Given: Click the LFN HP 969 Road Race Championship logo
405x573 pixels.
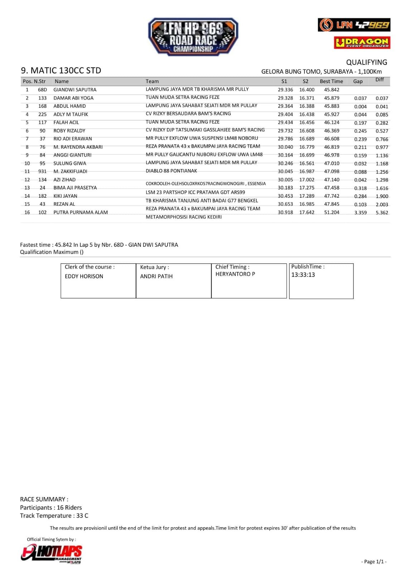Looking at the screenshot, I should click(x=193, y=37).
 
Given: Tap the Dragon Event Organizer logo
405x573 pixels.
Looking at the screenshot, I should click(x=362, y=43).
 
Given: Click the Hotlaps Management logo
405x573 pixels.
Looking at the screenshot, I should click(x=52, y=553).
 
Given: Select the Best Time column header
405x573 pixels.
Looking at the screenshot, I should click(x=331, y=81).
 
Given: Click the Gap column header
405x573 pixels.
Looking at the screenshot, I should click(x=358, y=81).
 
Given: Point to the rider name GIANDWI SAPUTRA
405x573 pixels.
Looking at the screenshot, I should click(x=75, y=90).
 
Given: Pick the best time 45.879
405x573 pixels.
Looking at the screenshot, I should click(x=332, y=98).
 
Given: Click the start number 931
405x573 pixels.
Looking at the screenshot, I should click(x=42, y=171).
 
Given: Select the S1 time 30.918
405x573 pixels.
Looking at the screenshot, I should click(x=285, y=212).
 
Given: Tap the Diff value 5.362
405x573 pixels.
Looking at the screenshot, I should click(x=382, y=212).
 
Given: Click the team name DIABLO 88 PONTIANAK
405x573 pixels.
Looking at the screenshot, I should click(x=171, y=171).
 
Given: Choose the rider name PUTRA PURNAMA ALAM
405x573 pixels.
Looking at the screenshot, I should click(x=81, y=212).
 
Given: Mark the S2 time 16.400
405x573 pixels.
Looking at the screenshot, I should click(x=307, y=90).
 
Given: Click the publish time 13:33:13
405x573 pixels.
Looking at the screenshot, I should click(x=303, y=275).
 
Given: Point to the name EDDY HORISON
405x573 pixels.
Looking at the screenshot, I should click(x=84, y=276).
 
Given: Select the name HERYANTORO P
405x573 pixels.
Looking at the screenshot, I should click(x=235, y=274).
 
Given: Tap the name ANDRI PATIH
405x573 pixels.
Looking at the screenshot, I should click(x=156, y=276).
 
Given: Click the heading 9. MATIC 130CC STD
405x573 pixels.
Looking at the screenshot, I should click(x=61, y=71).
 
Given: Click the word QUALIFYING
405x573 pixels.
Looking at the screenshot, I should click(x=366, y=62).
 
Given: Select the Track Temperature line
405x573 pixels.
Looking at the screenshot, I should click(x=54, y=516).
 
